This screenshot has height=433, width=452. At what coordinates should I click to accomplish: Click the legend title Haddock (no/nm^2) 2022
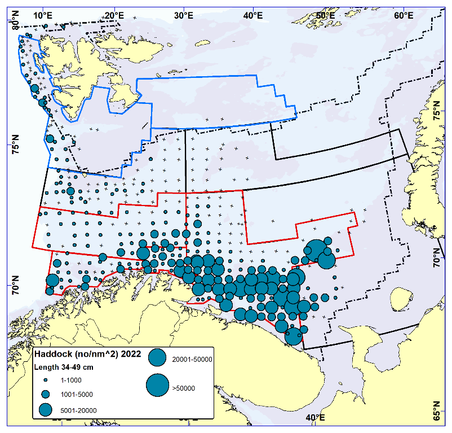[x=80, y=355]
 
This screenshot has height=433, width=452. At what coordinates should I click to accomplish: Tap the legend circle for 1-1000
[x=46, y=380]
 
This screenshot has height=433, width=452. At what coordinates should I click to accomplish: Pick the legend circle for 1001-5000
[x=46, y=394]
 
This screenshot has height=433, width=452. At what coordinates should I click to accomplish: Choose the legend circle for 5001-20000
[x=46, y=409]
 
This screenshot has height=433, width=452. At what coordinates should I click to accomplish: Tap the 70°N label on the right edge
[x=436, y=257]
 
